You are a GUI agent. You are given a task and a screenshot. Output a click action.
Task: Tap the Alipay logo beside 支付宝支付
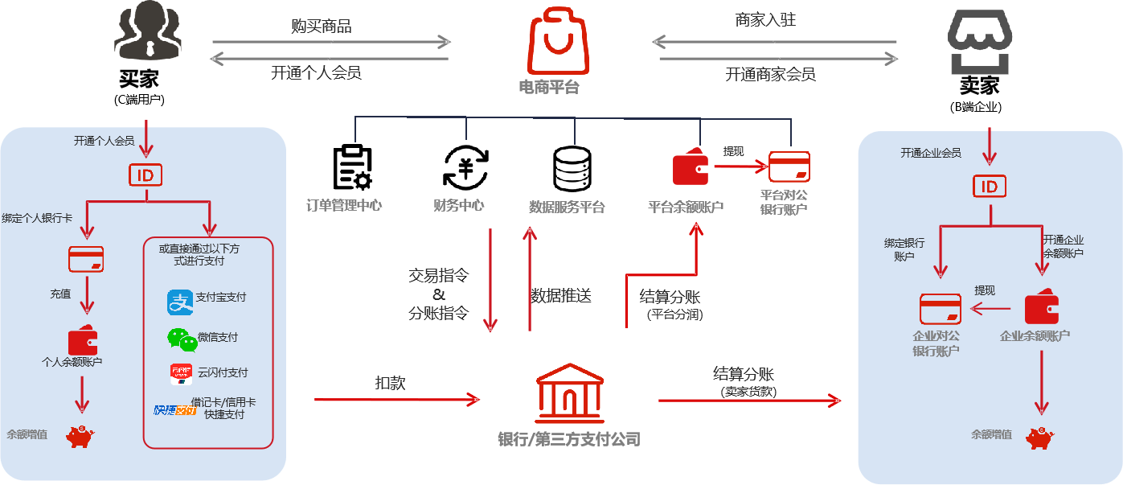178,302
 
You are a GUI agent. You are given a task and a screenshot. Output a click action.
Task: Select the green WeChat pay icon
182,340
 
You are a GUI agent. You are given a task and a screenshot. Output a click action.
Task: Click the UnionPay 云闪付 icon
181,374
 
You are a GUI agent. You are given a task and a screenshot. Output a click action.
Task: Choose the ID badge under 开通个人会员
145,175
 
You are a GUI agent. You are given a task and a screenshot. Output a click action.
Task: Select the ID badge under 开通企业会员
989,187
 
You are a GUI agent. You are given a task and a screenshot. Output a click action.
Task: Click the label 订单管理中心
344,205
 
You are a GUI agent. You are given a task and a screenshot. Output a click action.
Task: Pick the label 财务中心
458,205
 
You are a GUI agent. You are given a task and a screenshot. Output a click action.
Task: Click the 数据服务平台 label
567,207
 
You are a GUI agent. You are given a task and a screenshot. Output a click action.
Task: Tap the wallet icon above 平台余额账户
690,167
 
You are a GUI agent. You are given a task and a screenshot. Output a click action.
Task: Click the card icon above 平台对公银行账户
789,166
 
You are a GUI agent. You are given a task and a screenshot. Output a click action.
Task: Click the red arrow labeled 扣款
397,399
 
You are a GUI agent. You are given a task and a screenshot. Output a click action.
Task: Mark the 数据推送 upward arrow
529,277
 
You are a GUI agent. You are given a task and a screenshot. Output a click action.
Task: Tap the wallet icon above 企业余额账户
1042,308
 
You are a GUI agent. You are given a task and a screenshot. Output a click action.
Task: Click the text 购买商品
321,26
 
